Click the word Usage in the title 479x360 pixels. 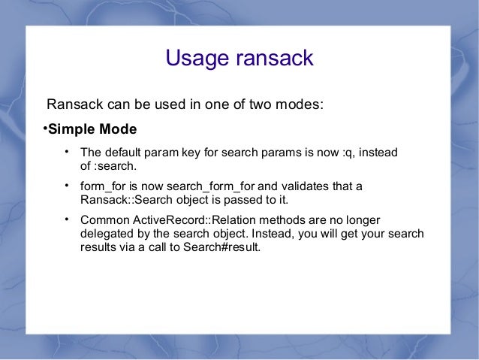(194, 59)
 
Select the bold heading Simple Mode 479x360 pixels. (92, 129)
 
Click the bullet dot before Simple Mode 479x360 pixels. (44, 128)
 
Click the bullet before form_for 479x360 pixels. (67, 185)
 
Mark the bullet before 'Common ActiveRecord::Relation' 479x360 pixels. (67, 219)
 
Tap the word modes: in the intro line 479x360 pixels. (300, 103)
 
